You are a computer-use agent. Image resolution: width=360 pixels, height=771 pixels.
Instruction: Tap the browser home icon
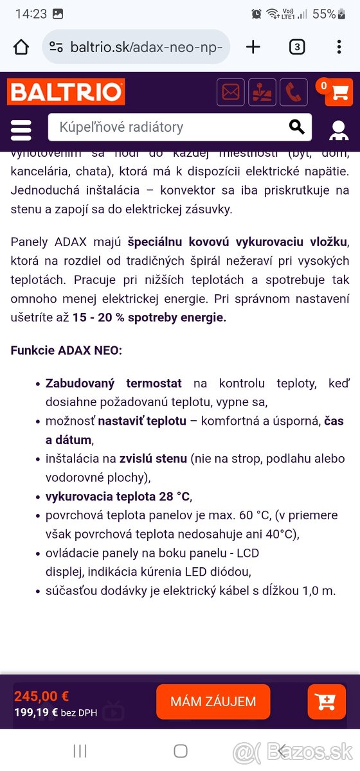tap(21, 47)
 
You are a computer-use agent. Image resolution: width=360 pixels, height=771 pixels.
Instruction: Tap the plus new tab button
tap(253, 47)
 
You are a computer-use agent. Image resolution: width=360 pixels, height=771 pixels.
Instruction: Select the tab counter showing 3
tap(296, 47)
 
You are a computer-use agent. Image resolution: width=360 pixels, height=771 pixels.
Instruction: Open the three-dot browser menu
tap(339, 47)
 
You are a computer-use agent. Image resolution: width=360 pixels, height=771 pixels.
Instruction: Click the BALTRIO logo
tap(66, 93)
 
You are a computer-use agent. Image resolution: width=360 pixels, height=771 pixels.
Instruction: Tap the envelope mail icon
tap(230, 93)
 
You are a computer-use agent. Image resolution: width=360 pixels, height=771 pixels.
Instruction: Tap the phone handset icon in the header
tap(294, 93)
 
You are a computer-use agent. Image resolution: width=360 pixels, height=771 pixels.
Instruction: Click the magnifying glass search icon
tap(296, 127)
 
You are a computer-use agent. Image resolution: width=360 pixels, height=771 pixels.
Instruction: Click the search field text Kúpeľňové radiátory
tap(122, 127)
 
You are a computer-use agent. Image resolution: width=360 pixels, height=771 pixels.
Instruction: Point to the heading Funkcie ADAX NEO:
tap(66, 351)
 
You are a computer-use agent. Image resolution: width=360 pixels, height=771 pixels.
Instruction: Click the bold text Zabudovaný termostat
tap(113, 384)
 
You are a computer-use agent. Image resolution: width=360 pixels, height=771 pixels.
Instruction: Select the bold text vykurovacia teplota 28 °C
tap(118, 497)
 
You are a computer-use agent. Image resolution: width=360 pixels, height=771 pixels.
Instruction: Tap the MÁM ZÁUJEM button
tap(213, 702)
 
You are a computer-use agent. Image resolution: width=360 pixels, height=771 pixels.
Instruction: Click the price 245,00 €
tap(42, 696)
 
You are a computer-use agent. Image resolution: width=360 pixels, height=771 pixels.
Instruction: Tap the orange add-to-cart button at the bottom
tap(327, 702)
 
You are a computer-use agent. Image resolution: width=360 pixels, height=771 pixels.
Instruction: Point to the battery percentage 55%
tap(323, 13)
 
